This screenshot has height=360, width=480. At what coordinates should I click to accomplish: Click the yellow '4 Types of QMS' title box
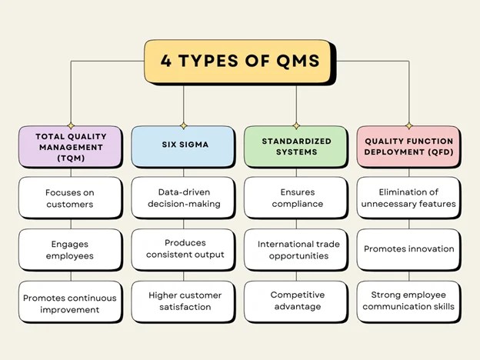239,62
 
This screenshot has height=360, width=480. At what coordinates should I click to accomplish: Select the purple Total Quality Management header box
71,147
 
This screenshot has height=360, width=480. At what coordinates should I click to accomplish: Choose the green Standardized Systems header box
296,147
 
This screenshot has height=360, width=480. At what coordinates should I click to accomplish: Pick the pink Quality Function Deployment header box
408,147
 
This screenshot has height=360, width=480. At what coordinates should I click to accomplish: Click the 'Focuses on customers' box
71,198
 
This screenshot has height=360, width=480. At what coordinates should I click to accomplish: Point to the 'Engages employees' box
71,249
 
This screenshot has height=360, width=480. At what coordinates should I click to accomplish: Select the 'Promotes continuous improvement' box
71,302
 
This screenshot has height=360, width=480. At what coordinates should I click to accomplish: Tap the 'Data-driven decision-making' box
183,198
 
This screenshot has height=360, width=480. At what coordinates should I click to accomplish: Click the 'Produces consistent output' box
183,249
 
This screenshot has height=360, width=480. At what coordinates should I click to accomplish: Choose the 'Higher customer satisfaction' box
183,302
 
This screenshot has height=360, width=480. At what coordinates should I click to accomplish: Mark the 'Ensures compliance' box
296,198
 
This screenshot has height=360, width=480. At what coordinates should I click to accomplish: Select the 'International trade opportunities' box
296,249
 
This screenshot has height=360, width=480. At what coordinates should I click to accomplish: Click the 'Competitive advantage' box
296,302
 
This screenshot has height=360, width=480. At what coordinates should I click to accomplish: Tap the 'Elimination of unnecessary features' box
408,198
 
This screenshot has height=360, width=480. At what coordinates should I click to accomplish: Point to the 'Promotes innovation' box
408,249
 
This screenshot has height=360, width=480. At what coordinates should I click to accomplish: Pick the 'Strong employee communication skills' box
408,302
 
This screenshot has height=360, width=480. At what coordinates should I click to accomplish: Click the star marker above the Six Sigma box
183,125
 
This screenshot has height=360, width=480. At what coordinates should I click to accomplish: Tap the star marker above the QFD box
408,125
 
